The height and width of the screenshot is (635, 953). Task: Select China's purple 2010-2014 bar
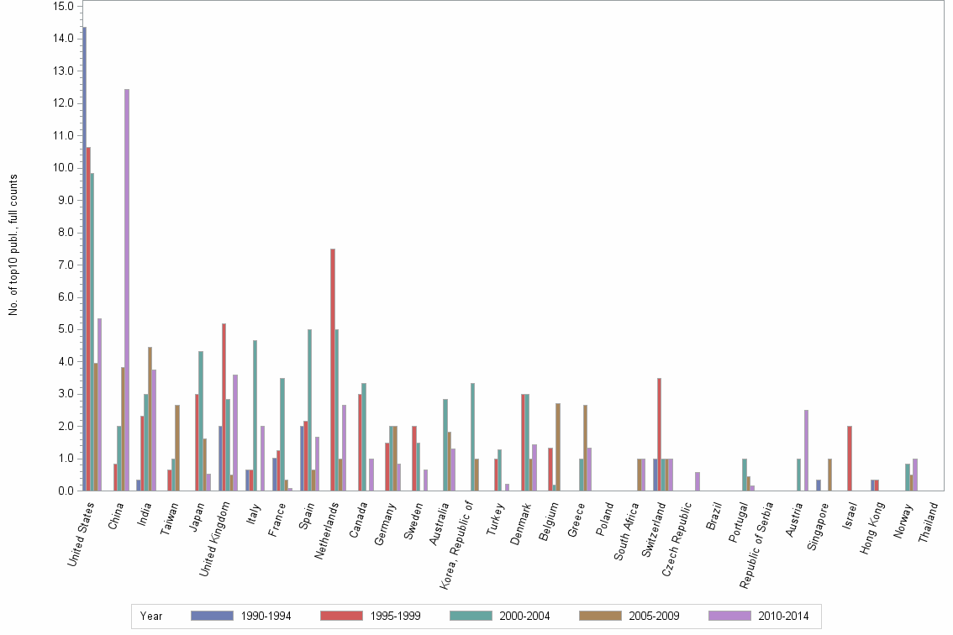[x=127, y=290]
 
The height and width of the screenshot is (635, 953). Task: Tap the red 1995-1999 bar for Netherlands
[x=333, y=370]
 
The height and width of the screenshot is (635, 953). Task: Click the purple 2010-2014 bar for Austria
[x=806, y=450]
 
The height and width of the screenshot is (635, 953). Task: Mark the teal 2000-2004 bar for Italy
[x=255, y=415]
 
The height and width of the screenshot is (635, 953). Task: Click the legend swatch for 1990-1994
[x=213, y=617]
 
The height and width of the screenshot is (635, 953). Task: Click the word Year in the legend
[x=151, y=617]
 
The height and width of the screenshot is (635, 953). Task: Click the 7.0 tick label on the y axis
[x=62, y=265]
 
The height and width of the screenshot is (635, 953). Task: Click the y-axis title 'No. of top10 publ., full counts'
[x=13, y=245]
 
